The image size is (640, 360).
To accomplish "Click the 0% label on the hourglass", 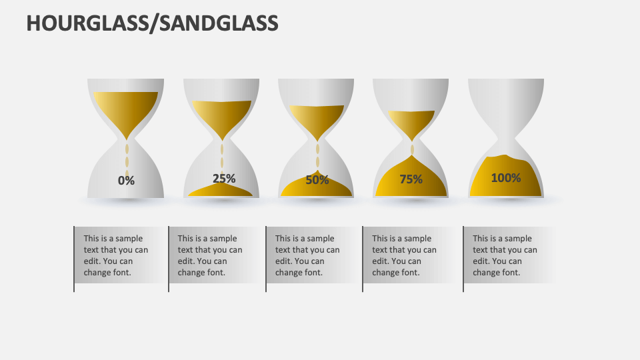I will coord(126,180).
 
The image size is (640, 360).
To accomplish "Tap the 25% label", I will coord(224,178).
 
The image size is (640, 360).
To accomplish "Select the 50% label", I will coord(317,179).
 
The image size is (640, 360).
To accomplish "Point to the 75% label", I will coord(411,179).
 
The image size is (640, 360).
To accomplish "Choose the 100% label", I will coord(506,177).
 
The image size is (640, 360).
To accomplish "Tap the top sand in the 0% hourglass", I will coord(126,107).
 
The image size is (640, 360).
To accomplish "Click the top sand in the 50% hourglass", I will coord(316,118).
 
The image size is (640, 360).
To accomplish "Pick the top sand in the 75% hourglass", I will coord(411,121).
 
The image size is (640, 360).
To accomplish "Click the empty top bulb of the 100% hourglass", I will coord(506,100).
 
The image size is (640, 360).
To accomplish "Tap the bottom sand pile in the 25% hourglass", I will coord(221,191).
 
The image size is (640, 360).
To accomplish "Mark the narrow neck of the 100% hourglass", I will coord(506,140).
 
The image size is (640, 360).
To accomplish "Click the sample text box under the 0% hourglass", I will coord(117,255).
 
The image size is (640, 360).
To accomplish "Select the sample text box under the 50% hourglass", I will coord(309,255).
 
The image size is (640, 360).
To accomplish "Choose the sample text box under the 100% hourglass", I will coord(507,255).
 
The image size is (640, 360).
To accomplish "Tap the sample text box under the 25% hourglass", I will coord(212,255).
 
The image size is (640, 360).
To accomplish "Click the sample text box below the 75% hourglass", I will coord(405,255).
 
